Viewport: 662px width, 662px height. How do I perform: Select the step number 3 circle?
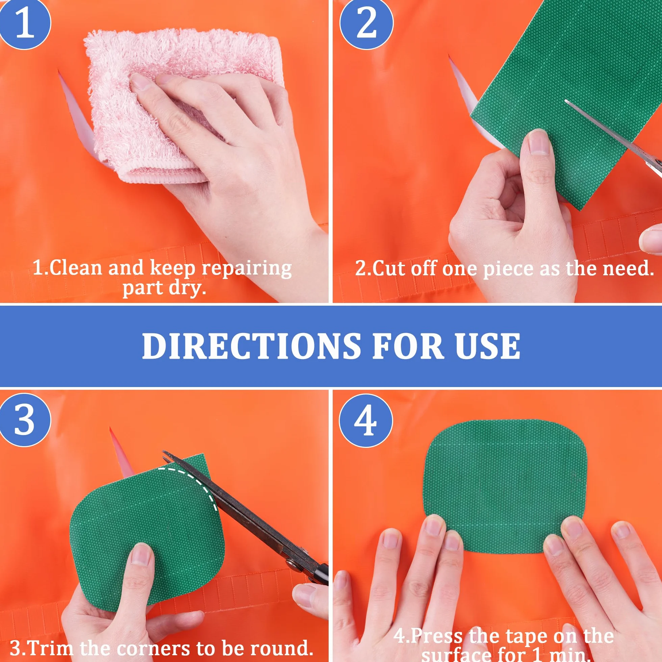click(x=25, y=420)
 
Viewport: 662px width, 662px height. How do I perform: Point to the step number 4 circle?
click(x=365, y=421)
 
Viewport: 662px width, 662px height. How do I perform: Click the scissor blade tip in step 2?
click(x=566, y=101)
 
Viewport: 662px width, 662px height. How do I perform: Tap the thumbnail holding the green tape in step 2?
click(x=539, y=144)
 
